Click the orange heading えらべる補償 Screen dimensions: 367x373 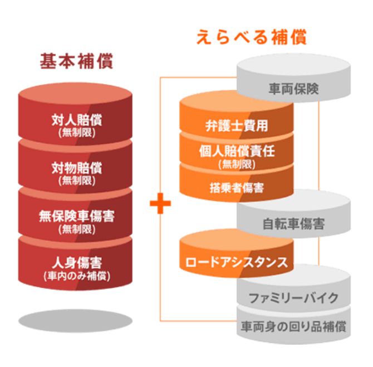point(252,38)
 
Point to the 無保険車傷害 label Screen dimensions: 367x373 point(77,215)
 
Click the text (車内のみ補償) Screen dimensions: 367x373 point(77,275)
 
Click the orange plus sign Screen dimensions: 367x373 point(160,203)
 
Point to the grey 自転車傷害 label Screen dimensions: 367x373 point(293,225)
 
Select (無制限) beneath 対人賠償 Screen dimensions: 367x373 point(77,133)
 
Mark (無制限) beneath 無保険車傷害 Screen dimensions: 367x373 point(77,228)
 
